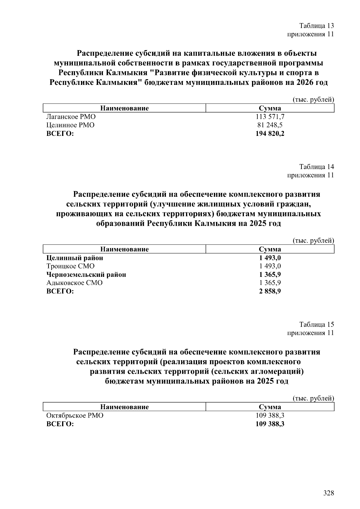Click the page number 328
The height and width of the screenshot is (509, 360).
pos(328,493)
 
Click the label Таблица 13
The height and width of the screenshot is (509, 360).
pos(316,25)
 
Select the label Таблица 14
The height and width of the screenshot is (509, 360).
pos(316,167)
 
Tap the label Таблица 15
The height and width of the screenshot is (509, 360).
pos(316,325)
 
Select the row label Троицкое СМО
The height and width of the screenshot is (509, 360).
pos(70,266)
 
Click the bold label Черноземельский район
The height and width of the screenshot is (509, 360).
pos(86,274)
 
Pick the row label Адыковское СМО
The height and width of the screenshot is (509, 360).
pos(74,283)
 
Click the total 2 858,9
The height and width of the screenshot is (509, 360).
pos(270,291)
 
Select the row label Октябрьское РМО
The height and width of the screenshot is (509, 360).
pos(74,416)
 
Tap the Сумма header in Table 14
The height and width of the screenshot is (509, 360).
pos(270,249)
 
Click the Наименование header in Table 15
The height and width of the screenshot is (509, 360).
pos(124,407)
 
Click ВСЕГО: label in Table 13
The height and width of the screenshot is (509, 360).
pos(60,133)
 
